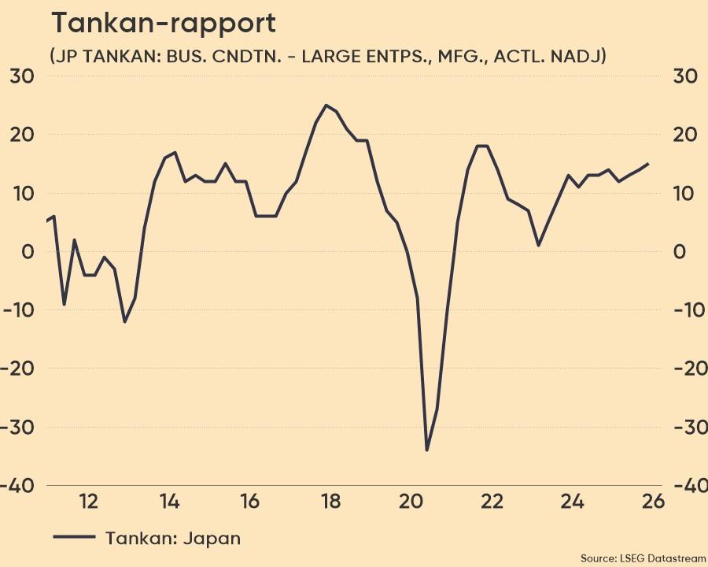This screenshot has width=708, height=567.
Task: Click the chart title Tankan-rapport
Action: tap(164, 23)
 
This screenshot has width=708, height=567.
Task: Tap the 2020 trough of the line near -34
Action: tap(427, 450)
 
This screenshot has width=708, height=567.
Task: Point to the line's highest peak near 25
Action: tap(326, 105)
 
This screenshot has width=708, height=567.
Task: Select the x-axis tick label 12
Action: tap(88, 501)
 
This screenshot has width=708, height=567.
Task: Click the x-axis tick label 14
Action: tap(168, 501)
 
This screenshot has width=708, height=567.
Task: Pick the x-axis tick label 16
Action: tap(249, 501)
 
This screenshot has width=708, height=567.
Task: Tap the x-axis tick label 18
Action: tap(330, 501)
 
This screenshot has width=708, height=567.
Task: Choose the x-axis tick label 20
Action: tap(411, 501)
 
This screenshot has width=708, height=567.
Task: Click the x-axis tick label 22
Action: tap(492, 501)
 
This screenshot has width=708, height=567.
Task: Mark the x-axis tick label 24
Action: tap(573, 501)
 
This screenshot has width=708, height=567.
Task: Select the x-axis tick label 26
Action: tap(653, 501)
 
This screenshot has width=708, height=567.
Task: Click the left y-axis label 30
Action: tap(22, 76)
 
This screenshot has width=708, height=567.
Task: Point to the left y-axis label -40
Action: tap(19, 485)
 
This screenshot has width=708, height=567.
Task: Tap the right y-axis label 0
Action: tap(680, 251)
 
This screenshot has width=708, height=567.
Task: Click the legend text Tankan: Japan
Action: tap(173, 539)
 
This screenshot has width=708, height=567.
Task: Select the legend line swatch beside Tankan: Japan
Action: tap(74, 537)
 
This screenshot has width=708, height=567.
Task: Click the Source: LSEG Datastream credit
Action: tap(643, 558)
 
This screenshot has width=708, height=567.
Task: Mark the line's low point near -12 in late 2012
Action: tap(124, 321)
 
